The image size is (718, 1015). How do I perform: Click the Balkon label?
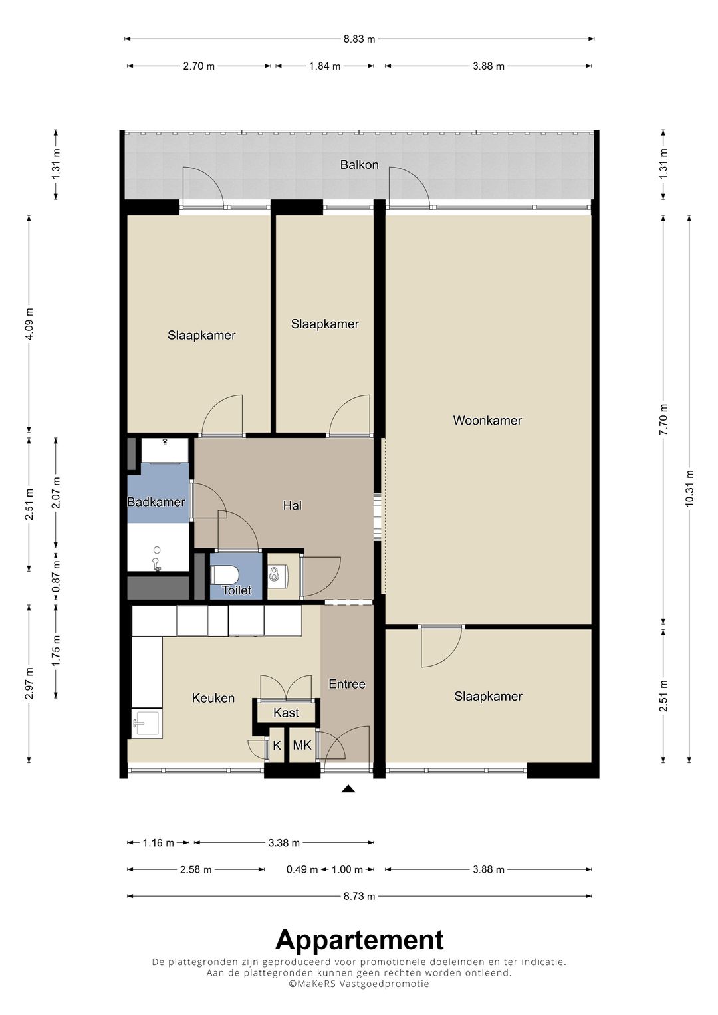pyautogui.click(x=359, y=164)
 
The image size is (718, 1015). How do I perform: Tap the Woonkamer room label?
pyautogui.click(x=487, y=421)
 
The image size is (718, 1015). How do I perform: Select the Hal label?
pyautogui.click(x=293, y=505)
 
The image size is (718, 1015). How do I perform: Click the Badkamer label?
pyautogui.click(x=156, y=502)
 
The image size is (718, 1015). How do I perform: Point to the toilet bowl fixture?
pyautogui.click(x=225, y=575)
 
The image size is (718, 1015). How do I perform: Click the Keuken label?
pyautogui.click(x=213, y=698)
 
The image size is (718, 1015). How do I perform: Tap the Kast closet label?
pyautogui.click(x=286, y=713)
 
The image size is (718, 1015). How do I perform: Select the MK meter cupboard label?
pyautogui.click(x=302, y=745)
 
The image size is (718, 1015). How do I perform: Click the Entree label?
pyautogui.click(x=347, y=684)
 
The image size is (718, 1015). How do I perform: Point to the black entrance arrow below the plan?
pyautogui.click(x=348, y=790)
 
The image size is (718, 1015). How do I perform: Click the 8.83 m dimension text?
pyautogui.click(x=359, y=39)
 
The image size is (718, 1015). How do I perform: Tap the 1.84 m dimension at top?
pyautogui.click(x=324, y=66)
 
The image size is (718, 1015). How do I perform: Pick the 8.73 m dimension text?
pyautogui.click(x=359, y=896)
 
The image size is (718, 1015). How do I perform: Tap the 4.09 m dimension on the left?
pyautogui.click(x=29, y=324)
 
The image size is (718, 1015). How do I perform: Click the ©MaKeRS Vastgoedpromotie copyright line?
pyautogui.click(x=359, y=984)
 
